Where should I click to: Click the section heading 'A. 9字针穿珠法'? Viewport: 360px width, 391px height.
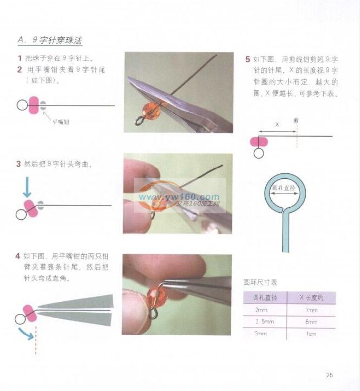click(50, 40)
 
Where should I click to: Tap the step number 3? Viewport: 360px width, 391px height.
click(18, 164)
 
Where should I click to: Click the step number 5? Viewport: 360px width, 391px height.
click(248, 59)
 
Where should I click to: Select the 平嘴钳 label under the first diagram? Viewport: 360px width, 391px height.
click(61, 122)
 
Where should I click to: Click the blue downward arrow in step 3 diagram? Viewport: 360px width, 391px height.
click(27, 187)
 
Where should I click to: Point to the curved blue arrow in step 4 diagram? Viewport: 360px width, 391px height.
click(26, 334)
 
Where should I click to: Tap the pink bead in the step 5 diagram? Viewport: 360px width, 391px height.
click(259, 142)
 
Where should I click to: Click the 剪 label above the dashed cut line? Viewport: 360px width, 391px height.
click(296, 121)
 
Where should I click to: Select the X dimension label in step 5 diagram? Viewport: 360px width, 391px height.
click(277, 124)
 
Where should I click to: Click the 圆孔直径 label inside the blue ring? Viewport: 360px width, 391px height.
click(284, 188)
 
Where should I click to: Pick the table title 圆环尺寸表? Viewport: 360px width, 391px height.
click(260, 282)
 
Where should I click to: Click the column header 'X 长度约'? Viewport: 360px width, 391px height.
click(311, 298)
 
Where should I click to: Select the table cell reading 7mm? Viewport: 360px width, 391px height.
click(311, 310)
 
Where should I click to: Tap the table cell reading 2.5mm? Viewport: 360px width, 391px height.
click(264, 322)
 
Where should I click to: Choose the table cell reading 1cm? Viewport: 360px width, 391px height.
click(311, 334)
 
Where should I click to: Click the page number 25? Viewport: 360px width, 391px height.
click(330, 375)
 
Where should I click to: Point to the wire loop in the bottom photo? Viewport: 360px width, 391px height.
click(153, 314)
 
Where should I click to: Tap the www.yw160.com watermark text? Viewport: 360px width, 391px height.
click(179, 197)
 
